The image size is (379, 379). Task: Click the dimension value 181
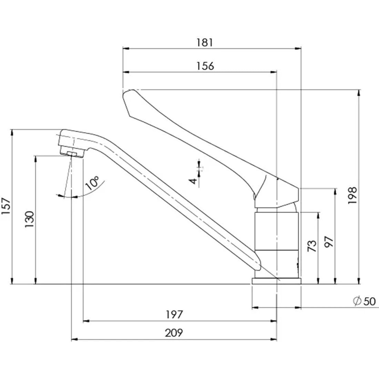[204, 42]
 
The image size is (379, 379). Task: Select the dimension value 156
[205, 66]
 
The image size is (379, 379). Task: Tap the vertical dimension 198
[352, 195]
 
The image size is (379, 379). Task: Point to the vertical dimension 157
[6, 206]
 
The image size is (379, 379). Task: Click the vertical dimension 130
[30, 219]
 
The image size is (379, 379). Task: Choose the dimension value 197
[174, 315]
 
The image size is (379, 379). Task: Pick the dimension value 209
[174, 333]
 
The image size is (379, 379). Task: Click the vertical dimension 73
[312, 246]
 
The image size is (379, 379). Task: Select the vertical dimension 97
[329, 242]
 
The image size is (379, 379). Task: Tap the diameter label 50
[370, 301]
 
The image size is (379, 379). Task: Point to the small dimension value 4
[193, 181]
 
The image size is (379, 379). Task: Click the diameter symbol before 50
[357, 301]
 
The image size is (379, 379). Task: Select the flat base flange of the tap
[277, 281]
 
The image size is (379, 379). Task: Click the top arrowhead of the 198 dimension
[359, 93]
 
